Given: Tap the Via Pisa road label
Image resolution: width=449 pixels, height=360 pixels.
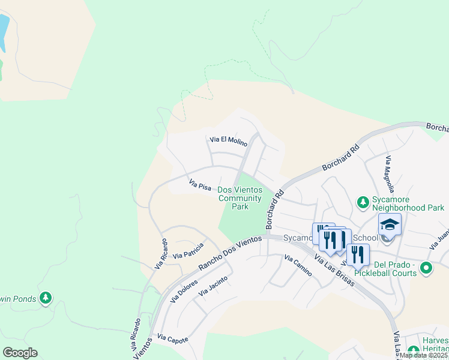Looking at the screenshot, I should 200,184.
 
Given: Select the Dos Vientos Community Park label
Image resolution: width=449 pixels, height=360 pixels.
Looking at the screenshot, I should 240,198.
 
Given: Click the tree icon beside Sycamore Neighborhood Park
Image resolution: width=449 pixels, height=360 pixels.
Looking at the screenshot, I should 363,203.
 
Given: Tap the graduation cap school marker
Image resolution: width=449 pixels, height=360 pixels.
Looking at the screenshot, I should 390,225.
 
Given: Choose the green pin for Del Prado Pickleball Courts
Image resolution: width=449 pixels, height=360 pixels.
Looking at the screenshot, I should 426,268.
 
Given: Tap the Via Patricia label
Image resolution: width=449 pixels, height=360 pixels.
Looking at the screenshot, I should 188,251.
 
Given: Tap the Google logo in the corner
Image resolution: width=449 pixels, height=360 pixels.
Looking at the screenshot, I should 20,352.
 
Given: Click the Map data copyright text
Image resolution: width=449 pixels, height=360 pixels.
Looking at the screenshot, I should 423,355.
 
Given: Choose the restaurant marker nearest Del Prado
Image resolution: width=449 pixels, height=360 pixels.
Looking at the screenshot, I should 358,254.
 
